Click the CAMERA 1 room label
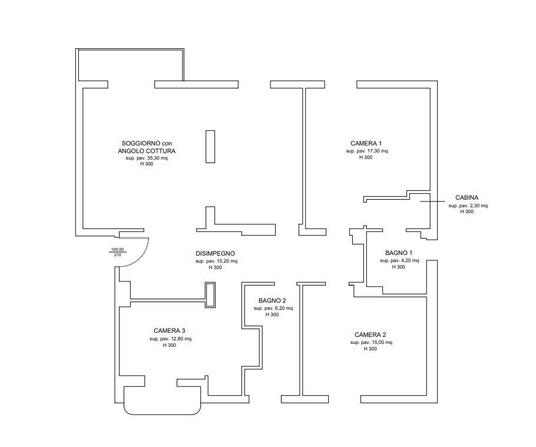point(366,144)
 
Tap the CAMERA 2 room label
point(370,335)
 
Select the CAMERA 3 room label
point(169,331)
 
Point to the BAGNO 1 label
point(399,253)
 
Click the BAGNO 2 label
point(272,301)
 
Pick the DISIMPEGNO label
point(215,254)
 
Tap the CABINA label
point(466,197)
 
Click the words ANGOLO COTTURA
point(147,151)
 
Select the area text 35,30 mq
point(157,158)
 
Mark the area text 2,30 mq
point(478,206)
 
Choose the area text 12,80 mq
point(181,339)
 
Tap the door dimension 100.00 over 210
point(117,252)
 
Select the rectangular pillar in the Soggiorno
point(210,147)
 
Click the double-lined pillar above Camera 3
point(210,295)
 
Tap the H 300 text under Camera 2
point(370,349)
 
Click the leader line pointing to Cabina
point(432,201)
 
